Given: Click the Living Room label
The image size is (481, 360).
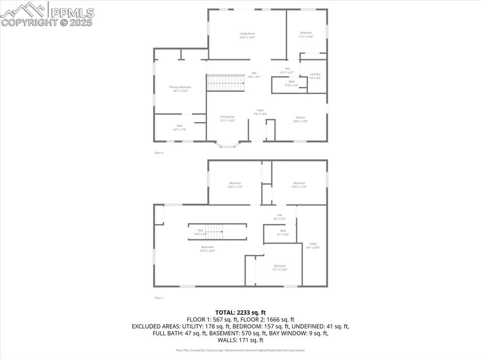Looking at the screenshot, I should pyautogui.click(x=247, y=35).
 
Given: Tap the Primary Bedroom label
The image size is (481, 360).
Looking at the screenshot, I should pyautogui.click(x=180, y=89).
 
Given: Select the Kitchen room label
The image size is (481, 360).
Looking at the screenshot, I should pyautogui.click(x=300, y=119).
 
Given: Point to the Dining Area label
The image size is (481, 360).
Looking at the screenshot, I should pyautogui.click(x=227, y=118).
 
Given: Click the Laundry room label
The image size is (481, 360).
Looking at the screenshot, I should pyautogui.click(x=315, y=76).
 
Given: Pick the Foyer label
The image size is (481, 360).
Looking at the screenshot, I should pyautogui.click(x=260, y=112).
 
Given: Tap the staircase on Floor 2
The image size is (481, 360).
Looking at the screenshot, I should pyautogui.click(x=226, y=83).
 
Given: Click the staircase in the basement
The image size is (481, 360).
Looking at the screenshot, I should pyautogui.click(x=214, y=231).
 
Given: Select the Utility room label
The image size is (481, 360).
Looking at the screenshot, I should pyautogui.click(x=313, y=245).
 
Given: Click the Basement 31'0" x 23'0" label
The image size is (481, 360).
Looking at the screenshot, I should pyautogui.click(x=208, y=249).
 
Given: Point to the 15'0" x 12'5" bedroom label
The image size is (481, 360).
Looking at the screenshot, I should pyautogui.click(x=235, y=185).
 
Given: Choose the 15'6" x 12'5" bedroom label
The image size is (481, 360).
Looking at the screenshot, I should pyautogui.click(x=299, y=185).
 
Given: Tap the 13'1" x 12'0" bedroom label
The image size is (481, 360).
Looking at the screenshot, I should pyautogui.click(x=280, y=268).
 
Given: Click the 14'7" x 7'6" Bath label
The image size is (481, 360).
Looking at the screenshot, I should pyautogui.click(x=179, y=127).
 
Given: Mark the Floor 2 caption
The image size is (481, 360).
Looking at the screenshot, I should pyautogui.click(x=159, y=153).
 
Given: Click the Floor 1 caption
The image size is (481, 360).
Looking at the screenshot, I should pyautogui.click(x=159, y=298).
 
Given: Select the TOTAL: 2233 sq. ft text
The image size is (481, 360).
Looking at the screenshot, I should pyautogui.click(x=240, y=312).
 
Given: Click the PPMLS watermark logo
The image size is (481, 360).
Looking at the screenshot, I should pyautogui.click(x=47, y=15).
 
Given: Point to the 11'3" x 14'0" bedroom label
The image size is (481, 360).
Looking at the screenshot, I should pyautogui.click(x=306, y=35).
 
